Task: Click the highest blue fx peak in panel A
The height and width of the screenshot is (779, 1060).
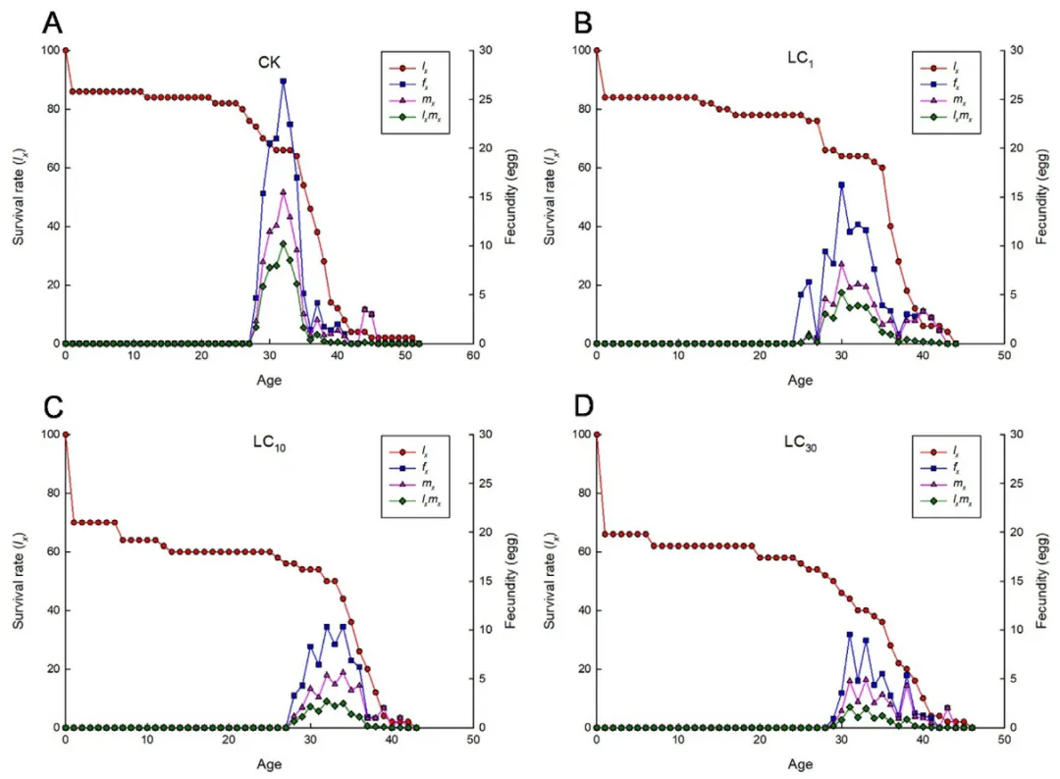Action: [x=284, y=81]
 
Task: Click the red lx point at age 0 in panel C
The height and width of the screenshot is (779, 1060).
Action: [x=65, y=434]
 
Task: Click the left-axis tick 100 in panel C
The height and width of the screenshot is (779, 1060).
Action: [x=49, y=434]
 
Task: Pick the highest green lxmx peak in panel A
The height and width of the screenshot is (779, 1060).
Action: [x=284, y=243]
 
